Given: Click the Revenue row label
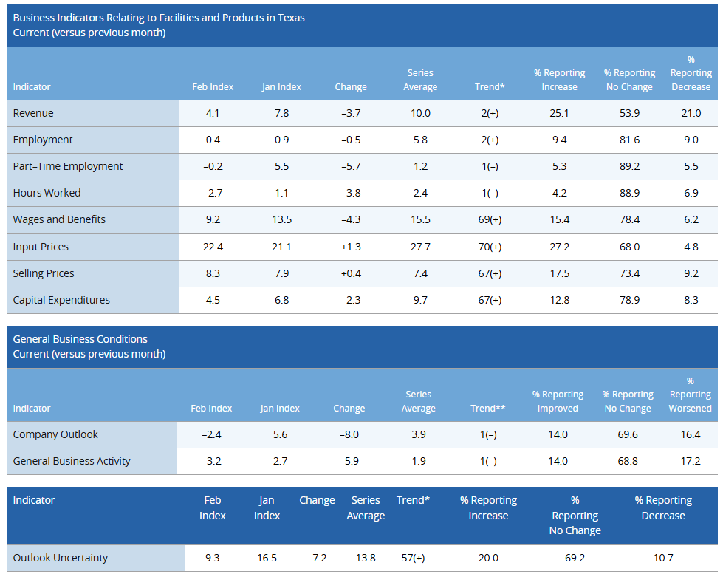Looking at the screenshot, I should click(x=33, y=113).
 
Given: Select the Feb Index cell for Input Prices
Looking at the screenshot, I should click(x=213, y=247).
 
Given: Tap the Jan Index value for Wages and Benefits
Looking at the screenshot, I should click(x=281, y=219).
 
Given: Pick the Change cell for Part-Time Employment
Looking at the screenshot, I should click(x=350, y=166).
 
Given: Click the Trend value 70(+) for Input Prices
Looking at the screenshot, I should click(x=489, y=247).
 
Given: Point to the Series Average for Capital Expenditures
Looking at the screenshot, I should click(x=420, y=300).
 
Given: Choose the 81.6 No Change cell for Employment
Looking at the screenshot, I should click(x=629, y=140).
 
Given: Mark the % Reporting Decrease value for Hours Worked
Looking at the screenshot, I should click(x=691, y=193).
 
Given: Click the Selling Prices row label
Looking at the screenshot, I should click(x=44, y=273).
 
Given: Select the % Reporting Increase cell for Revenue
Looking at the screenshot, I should click(x=559, y=113).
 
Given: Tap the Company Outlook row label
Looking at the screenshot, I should click(x=55, y=434).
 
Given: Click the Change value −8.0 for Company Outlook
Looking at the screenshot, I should click(x=349, y=434).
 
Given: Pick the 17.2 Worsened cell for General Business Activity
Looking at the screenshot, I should click(x=690, y=461).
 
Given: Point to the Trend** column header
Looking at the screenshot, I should click(x=487, y=408).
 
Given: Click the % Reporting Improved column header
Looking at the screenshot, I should click(x=558, y=401).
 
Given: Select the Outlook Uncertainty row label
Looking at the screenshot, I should click(x=61, y=558).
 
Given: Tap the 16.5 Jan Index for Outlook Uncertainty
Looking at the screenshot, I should click(x=267, y=558).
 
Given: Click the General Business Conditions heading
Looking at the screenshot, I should click(x=80, y=339).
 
